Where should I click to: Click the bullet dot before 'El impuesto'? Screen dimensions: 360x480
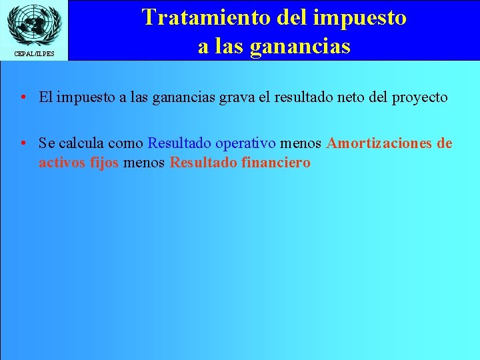tap(23, 97)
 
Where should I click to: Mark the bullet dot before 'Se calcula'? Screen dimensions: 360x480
tap(23, 143)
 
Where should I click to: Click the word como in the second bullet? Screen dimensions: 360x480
tap(127, 143)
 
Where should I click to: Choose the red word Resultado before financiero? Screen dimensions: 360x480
tap(203, 163)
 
